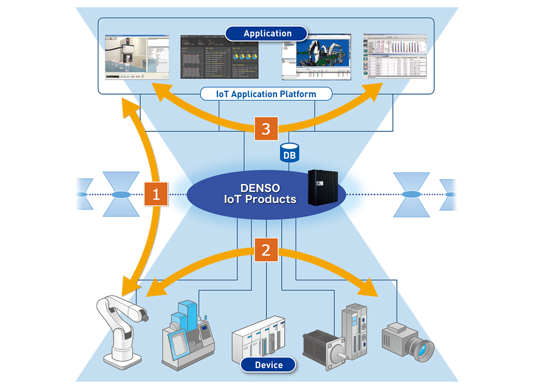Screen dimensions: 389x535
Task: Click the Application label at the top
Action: pyautogui.click(x=267, y=34)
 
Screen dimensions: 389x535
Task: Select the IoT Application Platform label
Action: pyautogui.click(x=266, y=94)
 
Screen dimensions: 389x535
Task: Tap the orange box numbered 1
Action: pyautogui.click(x=156, y=194)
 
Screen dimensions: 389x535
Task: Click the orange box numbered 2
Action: pyautogui.click(x=266, y=250)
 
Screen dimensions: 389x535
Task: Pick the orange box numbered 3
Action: pyautogui.click(x=266, y=129)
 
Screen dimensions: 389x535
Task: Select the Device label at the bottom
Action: pyautogui.click(x=268, y=365)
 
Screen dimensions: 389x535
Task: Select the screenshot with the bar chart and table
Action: pyautogui.click(x=396, y=57)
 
